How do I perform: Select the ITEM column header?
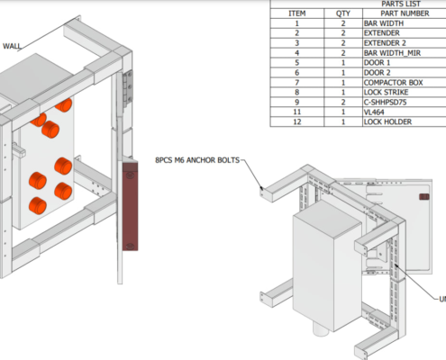click(x=296, y=13)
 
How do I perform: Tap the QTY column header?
click(x=343, y=13)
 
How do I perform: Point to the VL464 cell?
click(x=376, y=112)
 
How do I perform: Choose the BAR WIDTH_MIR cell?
click(x=391, y=53)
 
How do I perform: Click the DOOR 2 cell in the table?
click(x=378, y=73)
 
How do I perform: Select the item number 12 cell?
click(x=296, y=122)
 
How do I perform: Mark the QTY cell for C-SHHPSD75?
click(x=343, y=103)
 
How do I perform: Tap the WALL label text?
click(x=12, y=46)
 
